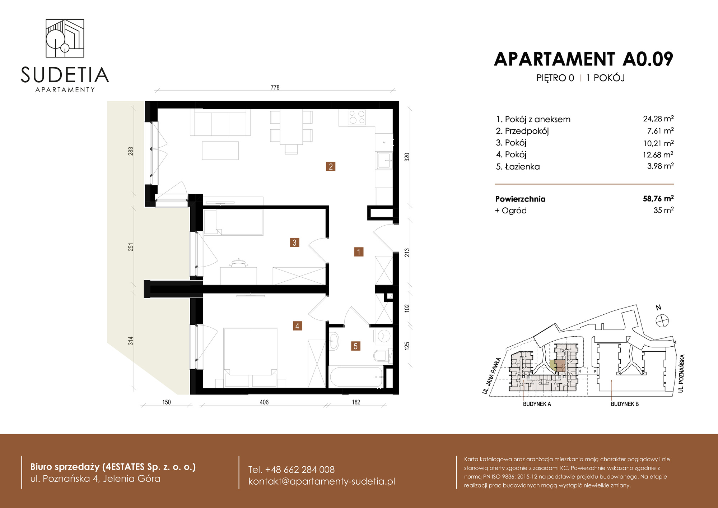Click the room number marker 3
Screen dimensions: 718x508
294,243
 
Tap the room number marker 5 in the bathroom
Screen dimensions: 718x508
355,346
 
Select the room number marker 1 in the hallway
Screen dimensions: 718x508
359,252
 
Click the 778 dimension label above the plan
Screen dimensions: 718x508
275,87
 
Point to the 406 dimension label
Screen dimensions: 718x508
264,402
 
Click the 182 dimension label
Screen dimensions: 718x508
356,402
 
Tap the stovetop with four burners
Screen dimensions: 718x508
357,117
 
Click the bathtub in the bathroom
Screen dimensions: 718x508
356,377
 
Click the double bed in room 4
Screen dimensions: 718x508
251,357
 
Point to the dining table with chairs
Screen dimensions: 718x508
291,132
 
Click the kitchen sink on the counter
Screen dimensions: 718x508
384,161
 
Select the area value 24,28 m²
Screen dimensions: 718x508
658,119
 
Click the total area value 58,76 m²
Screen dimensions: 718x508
658,199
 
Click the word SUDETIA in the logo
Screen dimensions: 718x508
65,75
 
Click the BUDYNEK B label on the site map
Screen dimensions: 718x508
625,404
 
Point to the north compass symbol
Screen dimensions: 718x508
662,320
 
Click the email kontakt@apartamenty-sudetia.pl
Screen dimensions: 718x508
322,481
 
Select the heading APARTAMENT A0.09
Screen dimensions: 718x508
583,59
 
